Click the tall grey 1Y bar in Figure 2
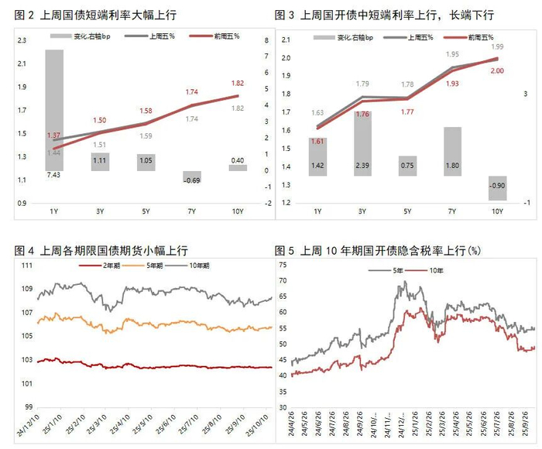pos(54,108)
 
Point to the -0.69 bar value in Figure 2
pos(191,180)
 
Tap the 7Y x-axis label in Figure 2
pos(191,211)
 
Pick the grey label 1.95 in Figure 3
pos(452,55)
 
